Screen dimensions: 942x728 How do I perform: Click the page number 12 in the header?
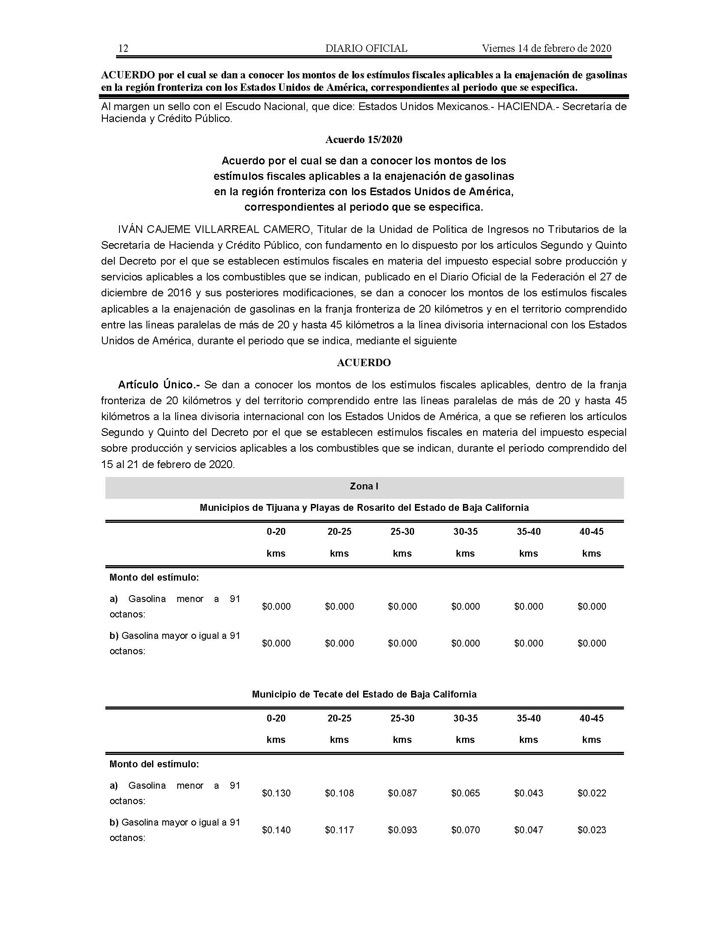point(123,48)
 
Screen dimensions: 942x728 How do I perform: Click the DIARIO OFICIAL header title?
point(366,48)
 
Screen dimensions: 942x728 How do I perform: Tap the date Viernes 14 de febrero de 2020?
point(546,48)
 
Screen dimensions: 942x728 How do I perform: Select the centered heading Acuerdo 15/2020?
point(364,140)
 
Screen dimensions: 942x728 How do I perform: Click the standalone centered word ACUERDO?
point(364,363)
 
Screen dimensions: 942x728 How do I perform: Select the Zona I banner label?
point(364,486)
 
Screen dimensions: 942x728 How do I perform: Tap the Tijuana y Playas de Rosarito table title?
point(364,508)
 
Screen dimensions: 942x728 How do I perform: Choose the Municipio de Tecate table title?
point(364,695)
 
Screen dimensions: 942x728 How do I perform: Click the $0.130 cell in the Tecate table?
point(276,793)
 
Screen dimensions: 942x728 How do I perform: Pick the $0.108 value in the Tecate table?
point(340,793)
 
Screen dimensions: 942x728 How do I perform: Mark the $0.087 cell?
point(403,793)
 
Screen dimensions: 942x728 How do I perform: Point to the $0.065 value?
point(465,793)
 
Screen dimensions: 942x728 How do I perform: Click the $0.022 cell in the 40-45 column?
point(592,793)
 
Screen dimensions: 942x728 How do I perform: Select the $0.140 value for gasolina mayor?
point(276,830)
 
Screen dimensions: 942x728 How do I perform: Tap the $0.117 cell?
point(340,830)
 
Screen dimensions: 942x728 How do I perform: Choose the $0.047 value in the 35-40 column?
point(529,830)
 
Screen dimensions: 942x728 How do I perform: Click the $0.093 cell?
point(403,830)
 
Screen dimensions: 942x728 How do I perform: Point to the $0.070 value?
point(465,830)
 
